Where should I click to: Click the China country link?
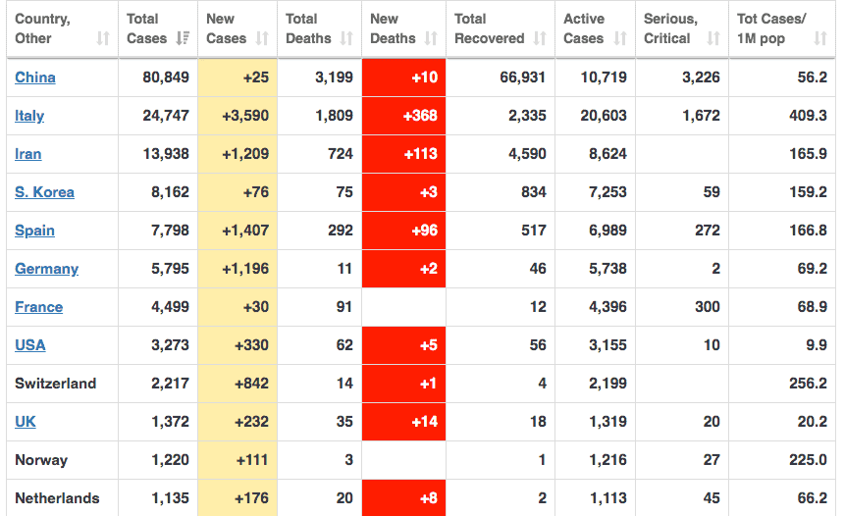tap(35, 77)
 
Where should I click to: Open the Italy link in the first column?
tap(29, 116)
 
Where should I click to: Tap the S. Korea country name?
tap(44, 192)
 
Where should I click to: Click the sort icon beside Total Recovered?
tap(540, 39)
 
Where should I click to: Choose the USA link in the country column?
tap(30, 345)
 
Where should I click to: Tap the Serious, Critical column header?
tap(671, 28)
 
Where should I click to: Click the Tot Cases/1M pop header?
tap(772, 28)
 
